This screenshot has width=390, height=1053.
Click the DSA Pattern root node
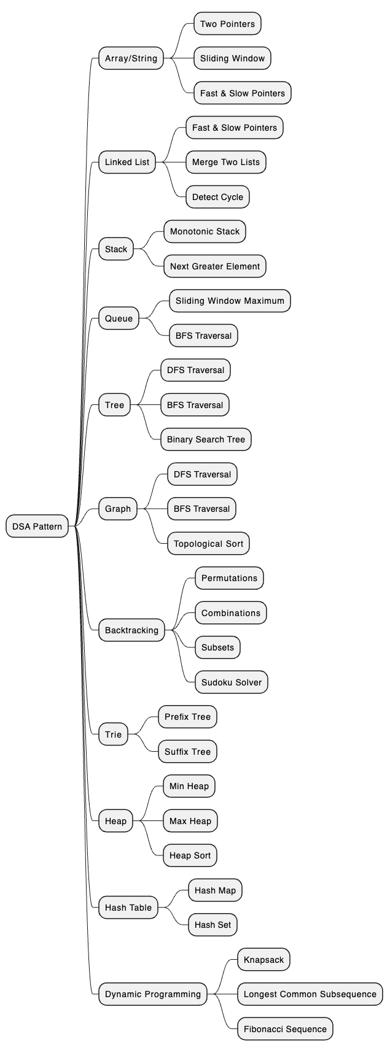37,526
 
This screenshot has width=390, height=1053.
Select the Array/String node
131,59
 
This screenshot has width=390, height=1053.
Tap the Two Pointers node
227,24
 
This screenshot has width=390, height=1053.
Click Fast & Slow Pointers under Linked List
234,128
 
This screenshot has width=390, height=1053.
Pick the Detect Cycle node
217,197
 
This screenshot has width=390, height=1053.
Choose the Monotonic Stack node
205,231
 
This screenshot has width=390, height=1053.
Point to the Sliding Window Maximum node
230,301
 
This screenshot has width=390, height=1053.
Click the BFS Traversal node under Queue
203,336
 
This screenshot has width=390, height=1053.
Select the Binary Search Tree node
206,439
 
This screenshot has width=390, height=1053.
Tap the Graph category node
118,509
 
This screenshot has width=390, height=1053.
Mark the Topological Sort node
208,544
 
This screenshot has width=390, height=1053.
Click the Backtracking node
131,630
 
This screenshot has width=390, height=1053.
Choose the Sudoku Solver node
231,682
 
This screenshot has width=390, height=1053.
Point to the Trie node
114,735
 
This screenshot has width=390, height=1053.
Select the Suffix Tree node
187,752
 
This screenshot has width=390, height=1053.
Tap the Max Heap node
190,821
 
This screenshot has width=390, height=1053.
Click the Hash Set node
213,925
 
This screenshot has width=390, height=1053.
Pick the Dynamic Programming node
152,994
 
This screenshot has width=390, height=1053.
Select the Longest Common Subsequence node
310,994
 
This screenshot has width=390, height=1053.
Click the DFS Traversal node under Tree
195,370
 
